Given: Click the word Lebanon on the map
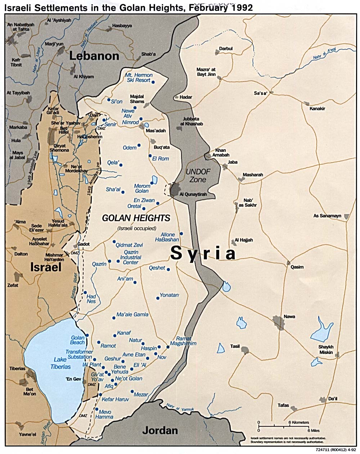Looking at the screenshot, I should point(94,56).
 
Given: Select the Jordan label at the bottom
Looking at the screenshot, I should point(160,430).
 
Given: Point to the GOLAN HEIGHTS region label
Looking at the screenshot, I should point(136,218).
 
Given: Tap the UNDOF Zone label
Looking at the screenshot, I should point(197,175).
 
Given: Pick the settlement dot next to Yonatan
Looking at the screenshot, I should point(158,298).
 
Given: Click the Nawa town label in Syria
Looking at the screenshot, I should point(289,317).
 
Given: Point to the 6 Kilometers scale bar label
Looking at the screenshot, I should point(298,422).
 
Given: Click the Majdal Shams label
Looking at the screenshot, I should point(137,99).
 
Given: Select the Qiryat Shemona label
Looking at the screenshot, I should point(60,148).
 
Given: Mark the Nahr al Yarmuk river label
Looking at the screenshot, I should point(178,408).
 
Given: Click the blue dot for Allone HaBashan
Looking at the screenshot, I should point(181,233).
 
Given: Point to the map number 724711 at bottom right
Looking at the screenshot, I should point(323,450).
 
